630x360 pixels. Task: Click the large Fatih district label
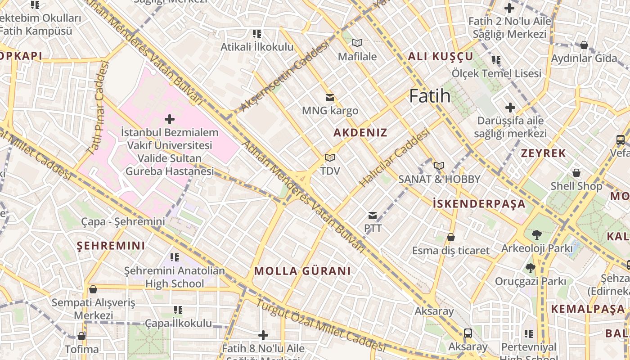click(430, 96)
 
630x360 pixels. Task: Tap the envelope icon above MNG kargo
click(330, 97)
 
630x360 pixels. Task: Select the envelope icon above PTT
click(373, 216)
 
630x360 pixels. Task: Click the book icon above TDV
click(330, 158)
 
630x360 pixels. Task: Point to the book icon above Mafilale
click(357, 43)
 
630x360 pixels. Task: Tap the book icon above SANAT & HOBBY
click(439, 166)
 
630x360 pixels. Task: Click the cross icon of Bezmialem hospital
click(170, 119)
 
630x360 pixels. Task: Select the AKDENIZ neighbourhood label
click(360, 133)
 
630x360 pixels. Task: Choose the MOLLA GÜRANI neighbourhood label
click(302, 271)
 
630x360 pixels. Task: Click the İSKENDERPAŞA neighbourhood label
click(479, 204)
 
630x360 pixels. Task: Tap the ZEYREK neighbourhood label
click(543, 153)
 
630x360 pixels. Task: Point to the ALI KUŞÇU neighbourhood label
click(441, 56)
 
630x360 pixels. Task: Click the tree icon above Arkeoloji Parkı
click(536, 234)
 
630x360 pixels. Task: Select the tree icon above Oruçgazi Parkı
click(531, 268)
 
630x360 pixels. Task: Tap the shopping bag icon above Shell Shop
click(576, 173)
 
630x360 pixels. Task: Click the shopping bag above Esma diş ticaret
click(450, 237)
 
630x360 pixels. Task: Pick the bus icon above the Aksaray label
click(468, 333)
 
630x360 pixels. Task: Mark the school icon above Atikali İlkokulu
click(257, 34)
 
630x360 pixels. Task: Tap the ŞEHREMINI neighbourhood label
click(111, 246)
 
